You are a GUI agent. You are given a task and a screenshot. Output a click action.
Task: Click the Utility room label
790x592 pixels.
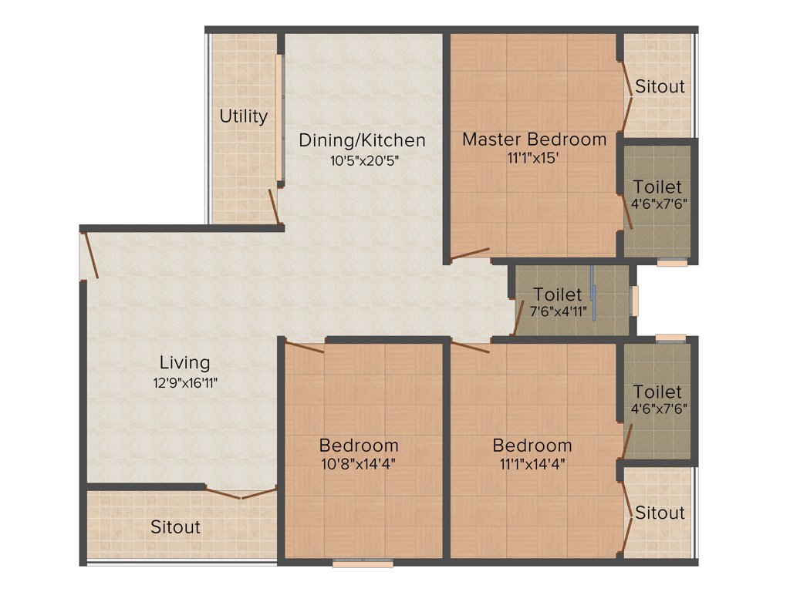tap(244, 116)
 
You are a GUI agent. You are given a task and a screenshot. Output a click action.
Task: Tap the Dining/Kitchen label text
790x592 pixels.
tap(362, 140)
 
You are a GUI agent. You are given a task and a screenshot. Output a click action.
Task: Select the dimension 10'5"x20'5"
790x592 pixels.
tap(362, 160)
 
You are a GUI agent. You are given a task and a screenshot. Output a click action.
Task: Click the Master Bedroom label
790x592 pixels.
tap(534, 140)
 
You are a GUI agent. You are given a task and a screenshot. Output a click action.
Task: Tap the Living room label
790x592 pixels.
tap(184, 362)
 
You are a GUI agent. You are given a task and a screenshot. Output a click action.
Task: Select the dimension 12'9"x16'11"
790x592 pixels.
tap(184, 382)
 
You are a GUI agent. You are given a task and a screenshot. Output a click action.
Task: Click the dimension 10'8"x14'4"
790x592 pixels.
tap(359, 464)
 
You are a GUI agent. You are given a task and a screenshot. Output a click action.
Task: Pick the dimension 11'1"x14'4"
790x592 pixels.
tap(532, 464)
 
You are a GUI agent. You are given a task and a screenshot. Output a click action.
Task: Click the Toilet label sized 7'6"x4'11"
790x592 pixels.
tap(558, 295)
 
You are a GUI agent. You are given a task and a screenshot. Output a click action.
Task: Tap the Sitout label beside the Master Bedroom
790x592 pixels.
tap(660, 86)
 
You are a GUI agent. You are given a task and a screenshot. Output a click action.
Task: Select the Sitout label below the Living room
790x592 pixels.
tap(175, 527)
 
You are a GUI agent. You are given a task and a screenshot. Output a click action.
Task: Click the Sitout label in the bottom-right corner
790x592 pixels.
tap(660, 513)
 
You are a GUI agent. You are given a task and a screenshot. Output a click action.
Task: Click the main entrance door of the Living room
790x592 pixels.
tap(90, 255)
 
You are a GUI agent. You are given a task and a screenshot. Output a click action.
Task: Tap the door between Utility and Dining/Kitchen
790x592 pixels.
tap(273, 204)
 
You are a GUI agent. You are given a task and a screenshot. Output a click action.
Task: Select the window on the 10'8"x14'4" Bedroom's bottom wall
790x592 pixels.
tap(363, 563)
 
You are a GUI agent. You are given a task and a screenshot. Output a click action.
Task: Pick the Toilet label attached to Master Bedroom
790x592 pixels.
tap(657, 187)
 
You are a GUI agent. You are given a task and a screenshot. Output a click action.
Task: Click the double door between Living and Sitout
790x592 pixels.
tap(240, 492)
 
